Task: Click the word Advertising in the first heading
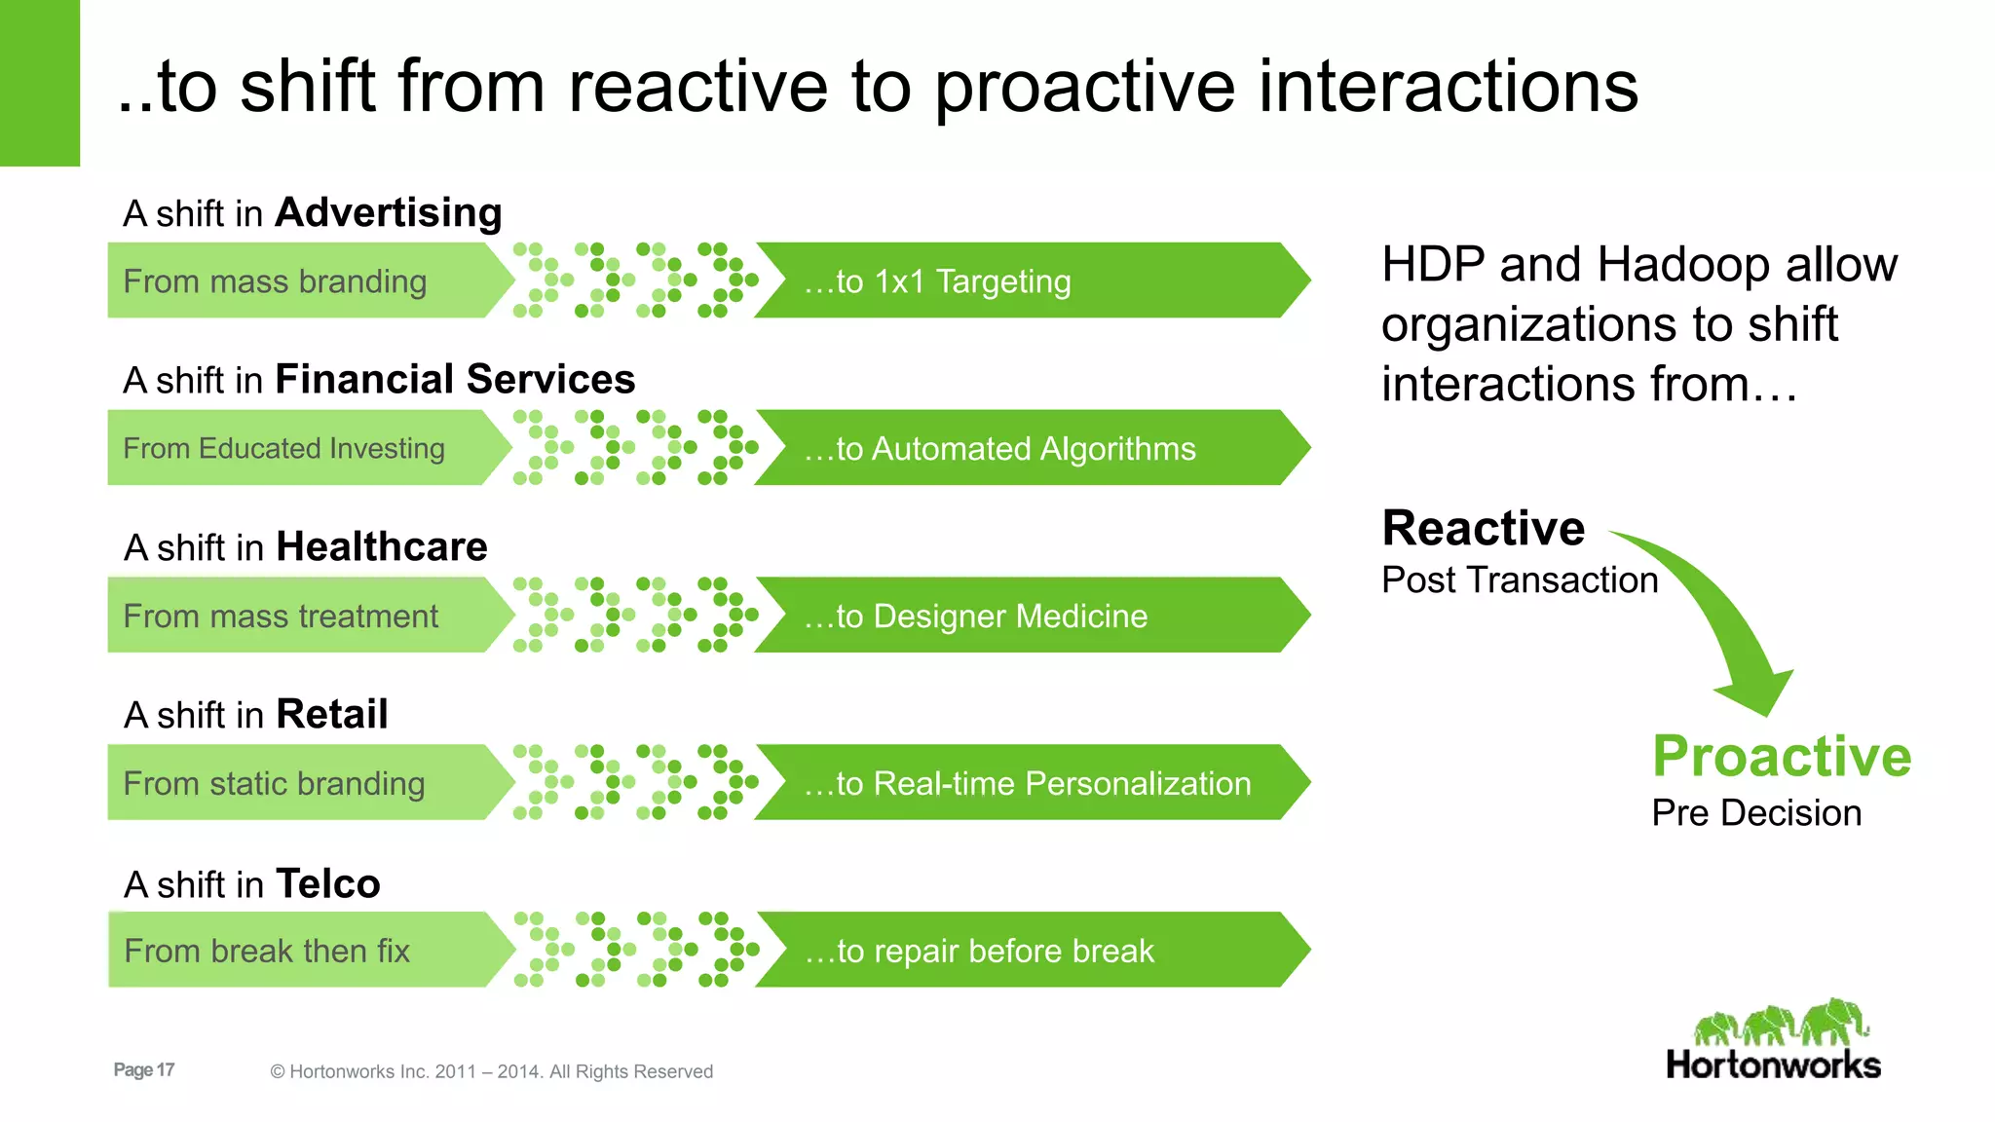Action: click(388, 212)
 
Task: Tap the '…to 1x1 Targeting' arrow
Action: click(1023, 280)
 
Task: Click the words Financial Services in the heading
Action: click(455, 379)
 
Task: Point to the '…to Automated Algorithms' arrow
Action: click(1023, 448)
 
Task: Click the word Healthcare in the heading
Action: click(382, 546)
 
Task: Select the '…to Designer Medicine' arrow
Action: click(1023, 616)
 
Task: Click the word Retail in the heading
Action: click(332, 714)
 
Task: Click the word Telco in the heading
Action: click(328, 883)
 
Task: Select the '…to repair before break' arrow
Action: click(1023, 951)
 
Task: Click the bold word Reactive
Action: click(1483, 529)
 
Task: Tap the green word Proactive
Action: click(1782, 757)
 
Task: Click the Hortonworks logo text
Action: click(1773, 1066)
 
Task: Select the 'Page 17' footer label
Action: click(144, 1069)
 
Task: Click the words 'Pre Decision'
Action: click(1756, 813)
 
